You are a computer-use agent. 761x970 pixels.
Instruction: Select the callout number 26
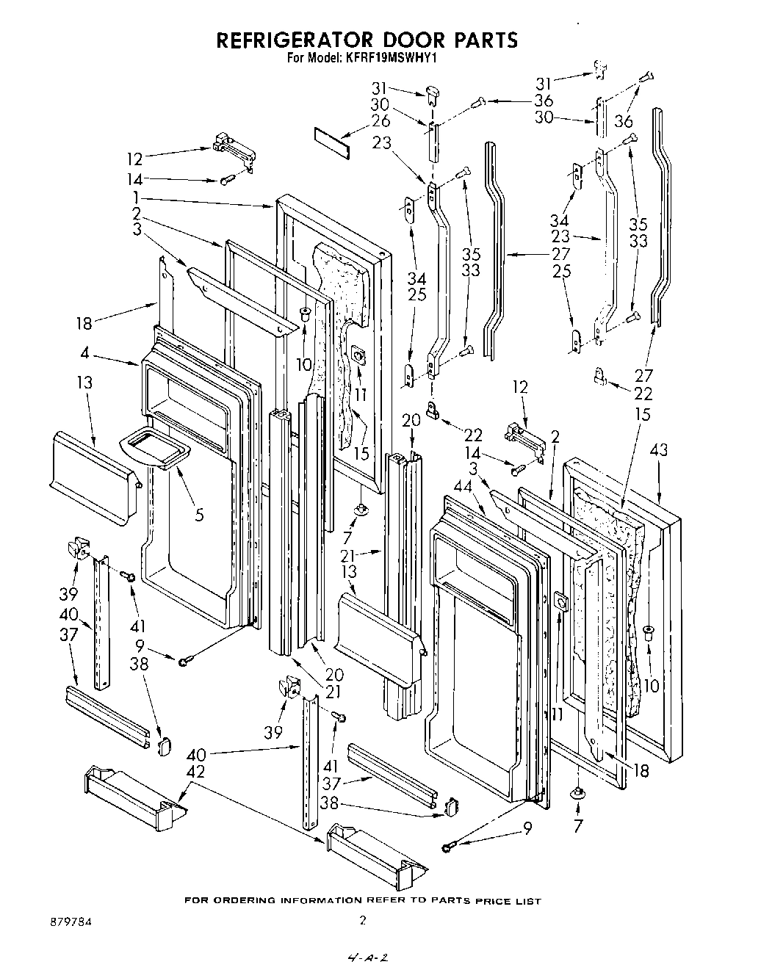point(380,122)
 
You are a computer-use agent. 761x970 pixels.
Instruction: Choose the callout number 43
point(658,449)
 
